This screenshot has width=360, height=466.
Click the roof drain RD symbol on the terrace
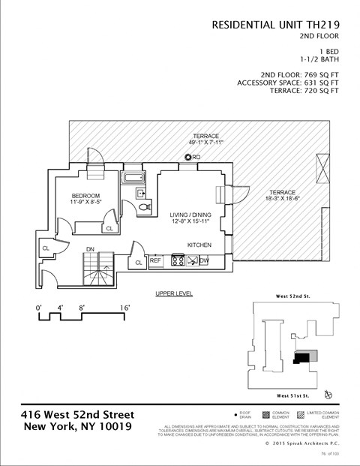point(188,158)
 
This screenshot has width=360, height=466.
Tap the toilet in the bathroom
point(145,203)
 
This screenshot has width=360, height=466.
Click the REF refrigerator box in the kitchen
point(156,261)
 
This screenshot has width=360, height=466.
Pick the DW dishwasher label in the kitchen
point(204,261)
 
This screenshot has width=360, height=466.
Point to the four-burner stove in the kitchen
point(178,261)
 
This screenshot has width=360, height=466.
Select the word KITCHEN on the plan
point(199,245)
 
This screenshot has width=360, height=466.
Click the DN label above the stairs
point(90,248)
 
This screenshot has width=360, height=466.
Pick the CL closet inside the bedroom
point(109,228)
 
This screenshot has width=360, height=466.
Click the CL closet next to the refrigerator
point(139,262)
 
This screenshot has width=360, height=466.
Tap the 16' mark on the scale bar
point(124,308)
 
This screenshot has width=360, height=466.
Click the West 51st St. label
point(294,395)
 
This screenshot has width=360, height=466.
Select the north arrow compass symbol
point(328,394)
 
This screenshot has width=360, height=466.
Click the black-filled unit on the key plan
point(301,359)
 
